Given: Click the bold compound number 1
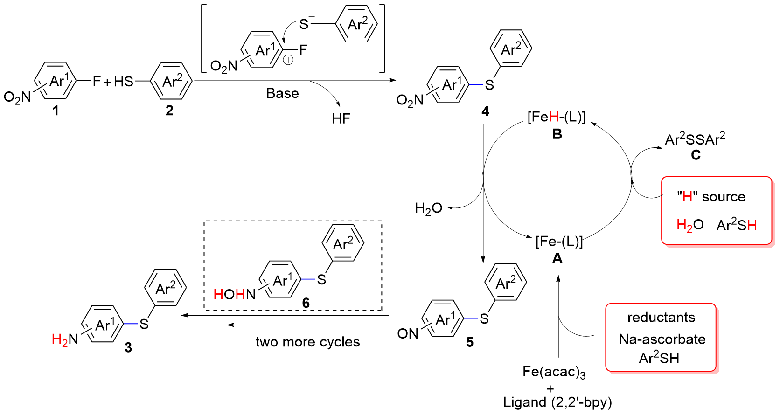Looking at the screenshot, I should point(56,111).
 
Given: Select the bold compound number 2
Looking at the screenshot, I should point(169,111).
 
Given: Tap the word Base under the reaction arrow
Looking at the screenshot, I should point(282,93).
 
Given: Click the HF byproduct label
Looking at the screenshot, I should point(341,119).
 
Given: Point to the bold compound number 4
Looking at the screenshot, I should point(485,111).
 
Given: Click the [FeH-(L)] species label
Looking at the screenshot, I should point(556,117).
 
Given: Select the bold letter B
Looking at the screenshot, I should point(557,134).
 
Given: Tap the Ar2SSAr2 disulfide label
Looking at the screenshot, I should point(695,139).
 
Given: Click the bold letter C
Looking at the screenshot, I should point(696,155).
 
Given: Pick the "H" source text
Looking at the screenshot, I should point(711,197).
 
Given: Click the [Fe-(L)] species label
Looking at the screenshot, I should point(559,242).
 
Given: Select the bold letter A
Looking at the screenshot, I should point(557,258).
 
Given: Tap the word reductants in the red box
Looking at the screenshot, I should point(661,318).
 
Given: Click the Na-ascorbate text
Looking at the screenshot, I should point(662,339).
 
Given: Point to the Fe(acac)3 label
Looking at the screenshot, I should point(554,372).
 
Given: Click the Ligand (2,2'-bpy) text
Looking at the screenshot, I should point(557,402).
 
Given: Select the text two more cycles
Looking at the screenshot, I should point(307,342).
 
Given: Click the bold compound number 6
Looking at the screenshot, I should point(306,303).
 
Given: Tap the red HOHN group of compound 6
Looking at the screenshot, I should point(234,294).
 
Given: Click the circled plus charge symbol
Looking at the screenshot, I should point(288,60).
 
